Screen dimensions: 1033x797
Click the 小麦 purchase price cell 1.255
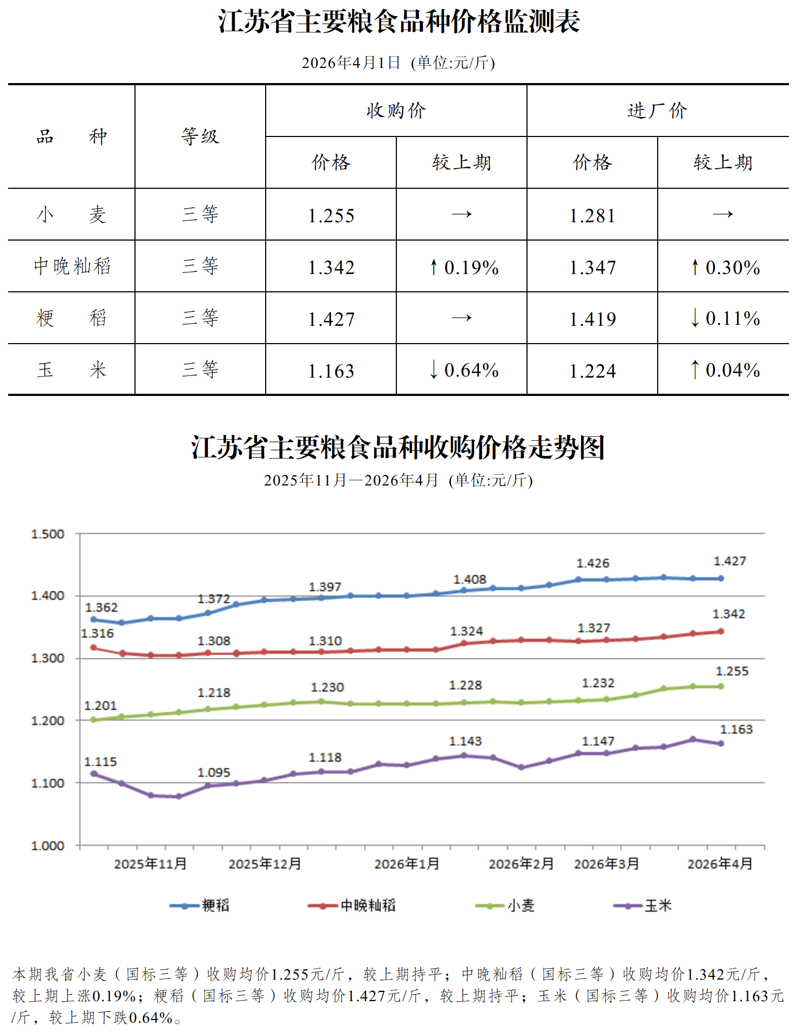click(331, 216)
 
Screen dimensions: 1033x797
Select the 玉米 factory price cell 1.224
click(592, 371)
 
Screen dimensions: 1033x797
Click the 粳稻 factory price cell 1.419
click(592, 319)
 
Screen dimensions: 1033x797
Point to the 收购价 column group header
click(396, 111)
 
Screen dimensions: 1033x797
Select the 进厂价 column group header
click(657, 111)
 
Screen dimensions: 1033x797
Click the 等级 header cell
click(200, 136)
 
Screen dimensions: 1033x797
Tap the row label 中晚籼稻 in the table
click(72, 266)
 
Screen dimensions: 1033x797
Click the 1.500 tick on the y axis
click(48, 534)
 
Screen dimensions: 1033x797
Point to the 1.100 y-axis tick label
click(48, 783)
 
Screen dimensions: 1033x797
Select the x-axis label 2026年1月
click(407, 864)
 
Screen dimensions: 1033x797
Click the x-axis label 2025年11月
click(150, 864)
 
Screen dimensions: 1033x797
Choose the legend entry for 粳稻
click(200, 906)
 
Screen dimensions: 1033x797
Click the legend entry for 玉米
click(643, 906)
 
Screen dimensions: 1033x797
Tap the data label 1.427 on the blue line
click(730, 561)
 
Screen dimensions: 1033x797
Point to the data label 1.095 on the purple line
click(214, 772)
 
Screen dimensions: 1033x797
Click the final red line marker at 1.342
click(721, 631)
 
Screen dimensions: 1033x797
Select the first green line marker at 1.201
click(93, 720)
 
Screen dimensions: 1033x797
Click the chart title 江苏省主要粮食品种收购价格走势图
click(398, 448)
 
